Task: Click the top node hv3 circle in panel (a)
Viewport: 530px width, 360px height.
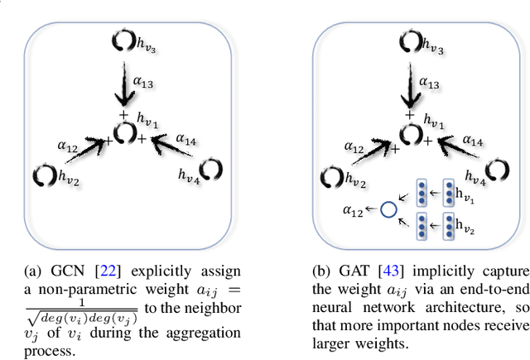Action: [120, 40]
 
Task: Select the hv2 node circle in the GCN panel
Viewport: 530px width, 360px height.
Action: [42, 175]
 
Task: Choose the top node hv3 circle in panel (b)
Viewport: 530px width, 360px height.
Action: [407, 40]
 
